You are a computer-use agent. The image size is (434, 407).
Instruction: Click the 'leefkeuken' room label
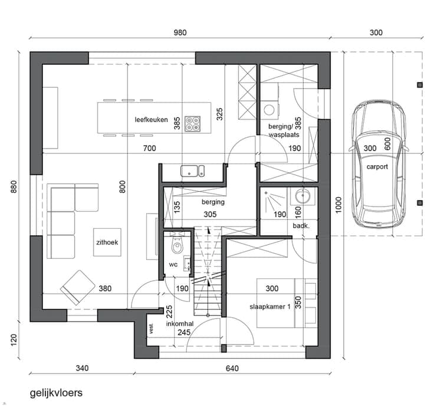[151, 120]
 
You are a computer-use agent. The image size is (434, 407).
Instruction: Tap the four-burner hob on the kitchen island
[193, 123]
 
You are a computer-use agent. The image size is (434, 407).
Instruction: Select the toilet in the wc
[177, 244]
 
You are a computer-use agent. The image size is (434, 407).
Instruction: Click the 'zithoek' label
[107, 242]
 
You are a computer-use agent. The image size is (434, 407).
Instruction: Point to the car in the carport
[377, 164]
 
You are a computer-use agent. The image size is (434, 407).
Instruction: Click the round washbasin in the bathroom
[303, 196]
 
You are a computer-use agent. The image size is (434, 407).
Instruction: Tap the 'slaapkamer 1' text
[270, 307]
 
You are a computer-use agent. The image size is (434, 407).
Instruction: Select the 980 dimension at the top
[180, 32]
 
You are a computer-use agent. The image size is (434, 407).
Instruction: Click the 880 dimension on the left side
[14, 186]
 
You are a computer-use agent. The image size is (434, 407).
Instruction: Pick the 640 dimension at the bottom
[232, 368]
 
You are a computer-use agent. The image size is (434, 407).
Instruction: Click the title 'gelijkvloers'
[56, 393]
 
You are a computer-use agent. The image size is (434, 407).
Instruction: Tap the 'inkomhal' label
[180, 324]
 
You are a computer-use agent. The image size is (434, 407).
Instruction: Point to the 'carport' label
[377, 167]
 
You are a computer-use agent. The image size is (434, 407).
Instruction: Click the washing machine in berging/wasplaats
[269, 110]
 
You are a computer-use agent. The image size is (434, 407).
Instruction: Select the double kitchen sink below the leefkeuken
[193, 171]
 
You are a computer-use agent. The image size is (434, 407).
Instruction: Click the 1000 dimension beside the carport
[338, 205]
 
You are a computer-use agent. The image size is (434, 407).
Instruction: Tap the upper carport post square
[420, 85]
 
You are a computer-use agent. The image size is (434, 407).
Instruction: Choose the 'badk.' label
[301, 226]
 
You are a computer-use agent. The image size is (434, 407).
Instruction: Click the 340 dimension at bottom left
[82, 368]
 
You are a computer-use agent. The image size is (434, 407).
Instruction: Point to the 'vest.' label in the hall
[151, 329]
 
